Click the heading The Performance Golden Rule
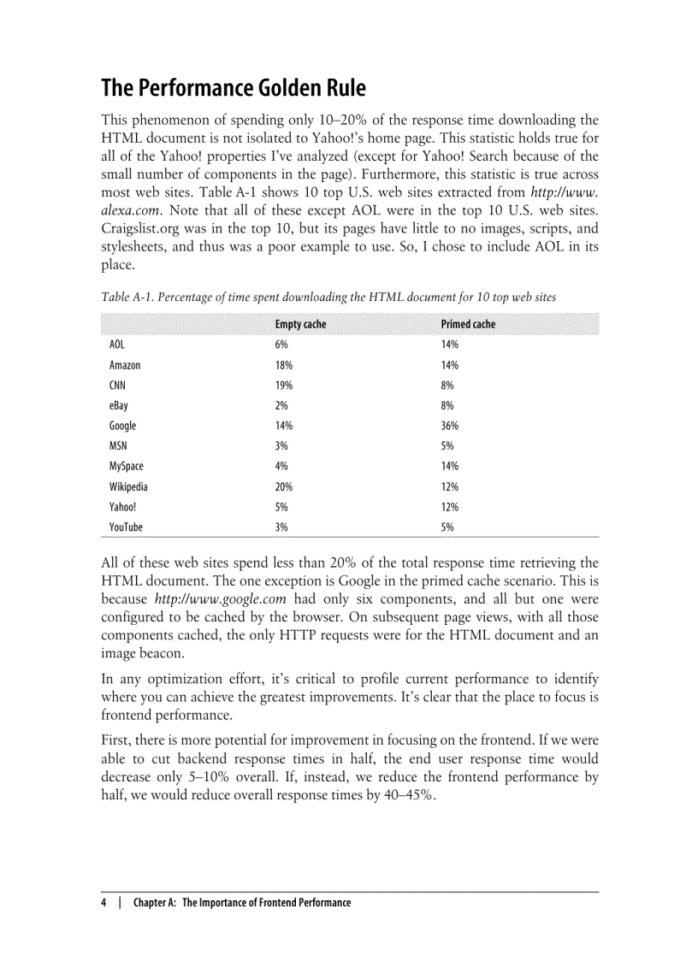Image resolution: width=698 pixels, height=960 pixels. (234, 88)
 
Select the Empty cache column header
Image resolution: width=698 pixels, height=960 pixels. (300, 325)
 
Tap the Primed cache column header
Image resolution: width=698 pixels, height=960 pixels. (468, 325)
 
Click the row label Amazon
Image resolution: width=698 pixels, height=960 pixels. (125, 365)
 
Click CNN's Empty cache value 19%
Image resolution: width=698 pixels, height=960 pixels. (283, 386)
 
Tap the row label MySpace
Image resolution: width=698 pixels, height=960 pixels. (127, 466)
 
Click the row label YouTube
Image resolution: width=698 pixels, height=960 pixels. (126, 527)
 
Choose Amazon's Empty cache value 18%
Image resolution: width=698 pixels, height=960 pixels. (283, 365)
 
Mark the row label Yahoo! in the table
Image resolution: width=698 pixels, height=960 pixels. (122, 507)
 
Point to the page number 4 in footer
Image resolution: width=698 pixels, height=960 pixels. (104, 903)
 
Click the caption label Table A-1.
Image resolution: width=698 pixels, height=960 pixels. (127, 297)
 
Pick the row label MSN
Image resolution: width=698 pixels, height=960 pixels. (118, 446)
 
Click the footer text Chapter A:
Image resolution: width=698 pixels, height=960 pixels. (156, 903)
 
